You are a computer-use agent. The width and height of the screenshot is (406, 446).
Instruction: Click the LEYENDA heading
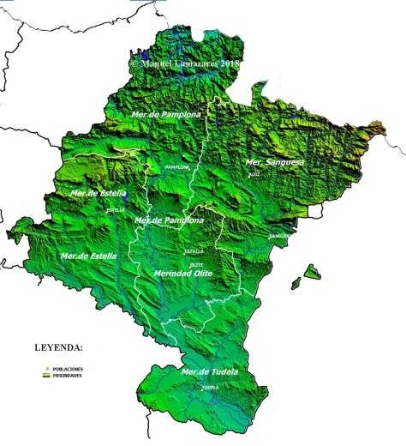tap(58, 348)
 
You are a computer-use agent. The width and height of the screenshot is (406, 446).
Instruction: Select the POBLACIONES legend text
tap(68, 368)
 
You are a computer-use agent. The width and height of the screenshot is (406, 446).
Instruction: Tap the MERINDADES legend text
tap(68, 375)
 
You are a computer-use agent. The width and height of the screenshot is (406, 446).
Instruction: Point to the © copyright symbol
tap(134, 63)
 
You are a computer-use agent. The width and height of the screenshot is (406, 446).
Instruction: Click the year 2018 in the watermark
tap(229, 63)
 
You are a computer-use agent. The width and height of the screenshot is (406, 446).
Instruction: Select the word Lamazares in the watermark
tap(193, 63)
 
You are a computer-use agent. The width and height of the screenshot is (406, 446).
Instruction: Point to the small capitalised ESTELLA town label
tap(115, 209)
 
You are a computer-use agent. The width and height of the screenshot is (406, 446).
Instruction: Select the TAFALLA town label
tap(194, 251)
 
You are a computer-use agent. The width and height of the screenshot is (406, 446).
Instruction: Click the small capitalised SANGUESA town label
tap(279, 236)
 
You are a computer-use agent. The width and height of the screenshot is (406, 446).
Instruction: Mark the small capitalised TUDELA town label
tap(211, 387)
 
